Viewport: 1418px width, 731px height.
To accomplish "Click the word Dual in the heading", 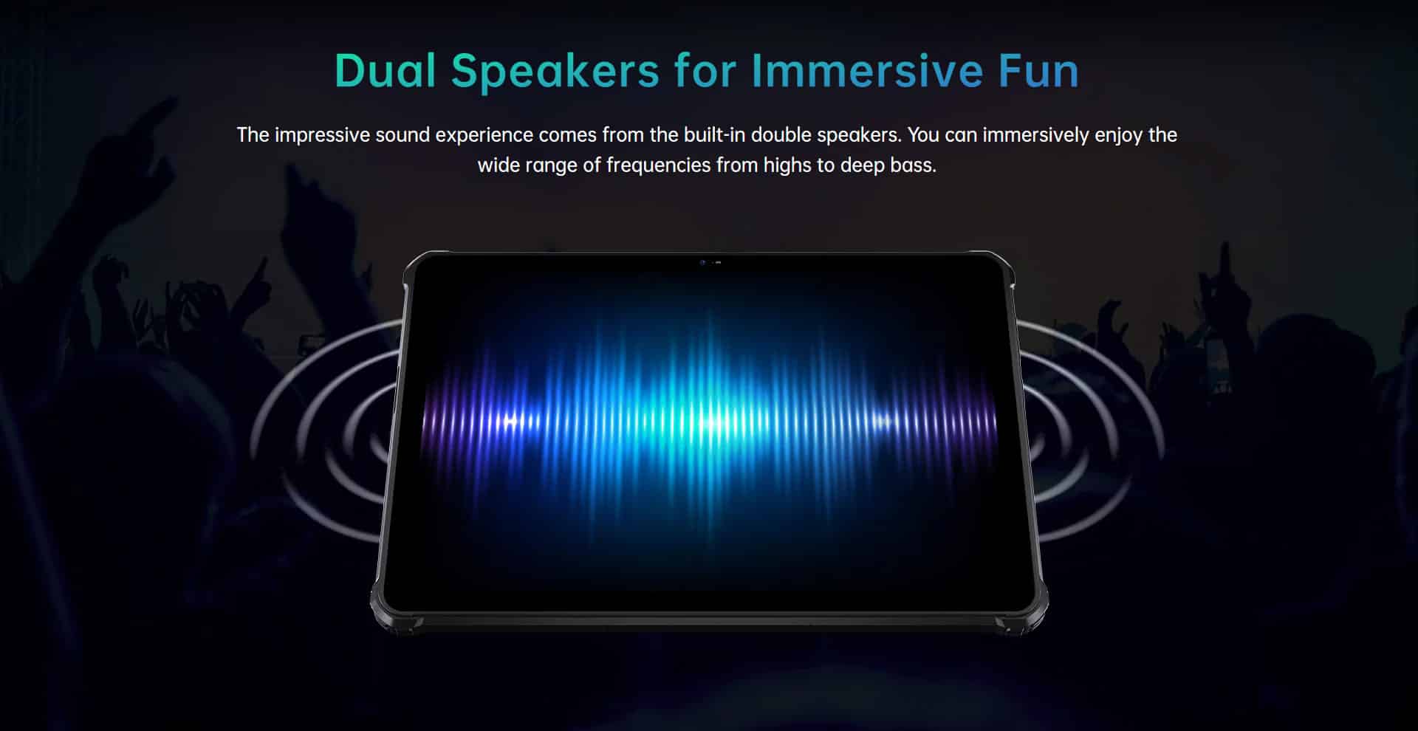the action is [x=385, y=71].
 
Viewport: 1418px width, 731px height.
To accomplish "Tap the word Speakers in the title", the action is [x=555, y=71].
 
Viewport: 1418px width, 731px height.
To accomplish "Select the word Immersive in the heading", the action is [x=867, y=71].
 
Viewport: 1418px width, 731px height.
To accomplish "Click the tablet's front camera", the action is [x=703, y=262].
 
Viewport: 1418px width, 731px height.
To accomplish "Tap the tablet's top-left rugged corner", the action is [x=418, y=267].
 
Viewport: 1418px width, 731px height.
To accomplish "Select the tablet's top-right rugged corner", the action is [x=999, y=267].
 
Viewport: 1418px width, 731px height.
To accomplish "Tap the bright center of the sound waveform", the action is [x=710, y=423].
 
